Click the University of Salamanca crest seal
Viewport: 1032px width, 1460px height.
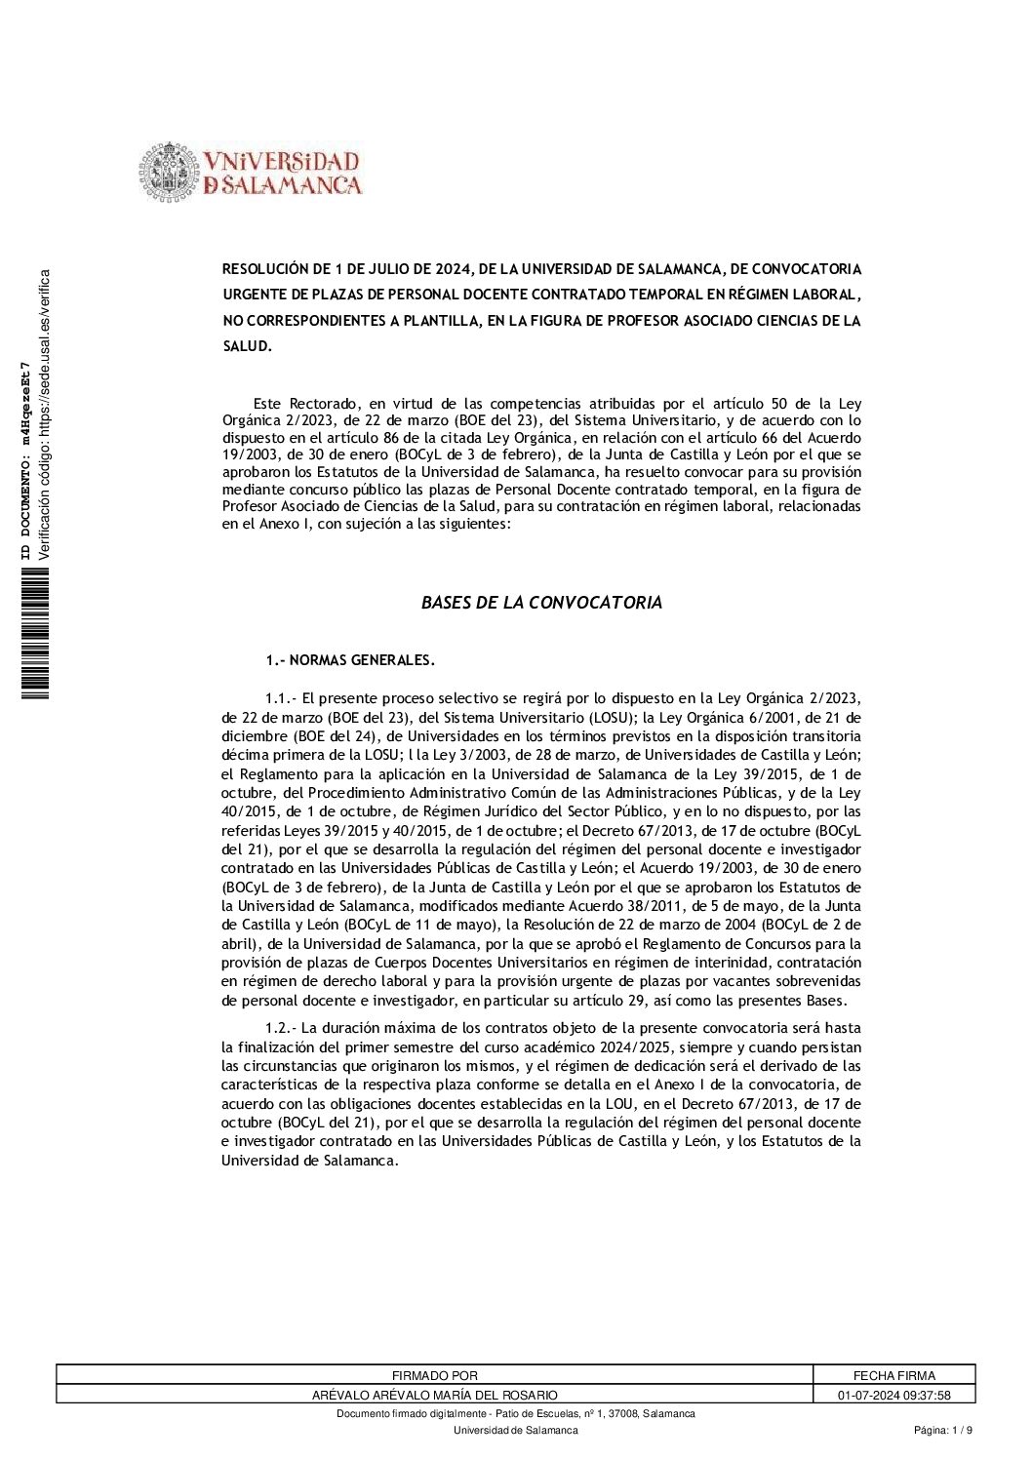(x=169, y=173)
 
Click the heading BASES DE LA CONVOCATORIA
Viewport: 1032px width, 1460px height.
(x=541, y=603)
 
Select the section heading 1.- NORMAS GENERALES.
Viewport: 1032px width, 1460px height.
(x=350, y=660)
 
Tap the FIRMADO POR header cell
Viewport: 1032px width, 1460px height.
(x=434, y=1376)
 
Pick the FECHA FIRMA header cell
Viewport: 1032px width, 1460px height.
(x=893, y=1376)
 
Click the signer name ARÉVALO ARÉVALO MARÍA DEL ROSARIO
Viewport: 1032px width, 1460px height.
(x=434, y=1395)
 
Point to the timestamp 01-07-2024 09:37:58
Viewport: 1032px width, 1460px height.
(x=893, y=1395)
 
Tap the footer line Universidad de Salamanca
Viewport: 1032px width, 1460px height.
(x=515, y=1431)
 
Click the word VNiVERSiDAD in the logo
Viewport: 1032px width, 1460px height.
(x=282, y=162)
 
